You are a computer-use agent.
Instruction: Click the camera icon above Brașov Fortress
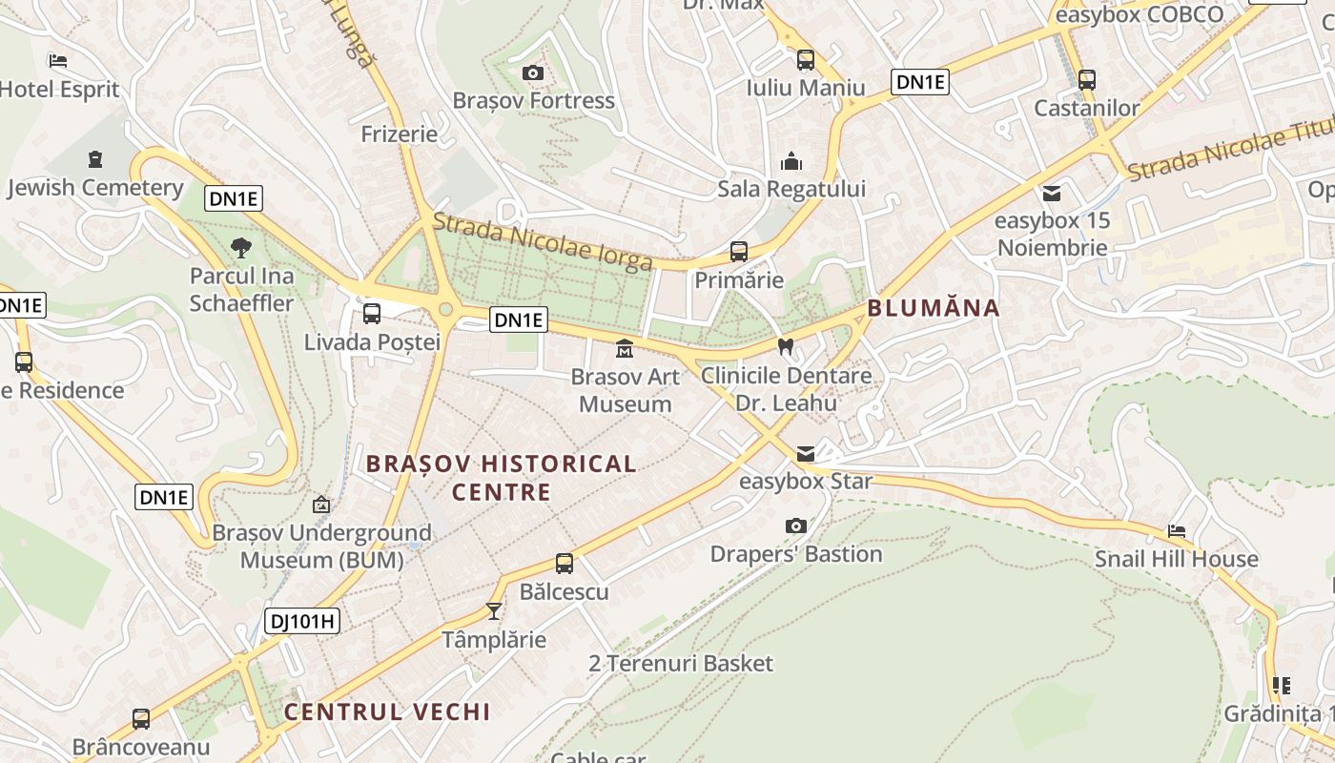[533, 73]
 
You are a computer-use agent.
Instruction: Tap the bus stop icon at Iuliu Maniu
[806, 60]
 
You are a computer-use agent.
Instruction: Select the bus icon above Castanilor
[1087, 80]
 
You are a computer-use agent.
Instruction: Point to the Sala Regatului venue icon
[791, 161]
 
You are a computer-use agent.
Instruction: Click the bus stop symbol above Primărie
[739, 252]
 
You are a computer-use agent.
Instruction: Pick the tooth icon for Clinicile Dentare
[786, 347]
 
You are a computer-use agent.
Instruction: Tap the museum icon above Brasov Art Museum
[625, 349]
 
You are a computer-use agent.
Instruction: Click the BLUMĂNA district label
[934, 308]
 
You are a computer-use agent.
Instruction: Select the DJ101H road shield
[302, 622]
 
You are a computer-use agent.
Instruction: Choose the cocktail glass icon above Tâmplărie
[494, 610]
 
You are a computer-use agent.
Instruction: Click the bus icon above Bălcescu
[565, 564]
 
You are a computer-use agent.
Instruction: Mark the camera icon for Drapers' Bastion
[796, 526]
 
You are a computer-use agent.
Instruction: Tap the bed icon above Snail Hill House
[1177, 531]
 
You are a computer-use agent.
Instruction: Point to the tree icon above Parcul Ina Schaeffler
[241, 248]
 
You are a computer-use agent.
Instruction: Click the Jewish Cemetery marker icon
[94, 159]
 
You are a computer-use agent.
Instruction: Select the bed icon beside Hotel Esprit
[58, 62]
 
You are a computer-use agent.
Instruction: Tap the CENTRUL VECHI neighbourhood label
[387, 711]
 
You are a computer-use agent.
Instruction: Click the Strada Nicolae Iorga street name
[543, 241]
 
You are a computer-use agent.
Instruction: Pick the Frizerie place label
[400, 134]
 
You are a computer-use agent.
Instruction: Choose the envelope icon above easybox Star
[806, 454]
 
